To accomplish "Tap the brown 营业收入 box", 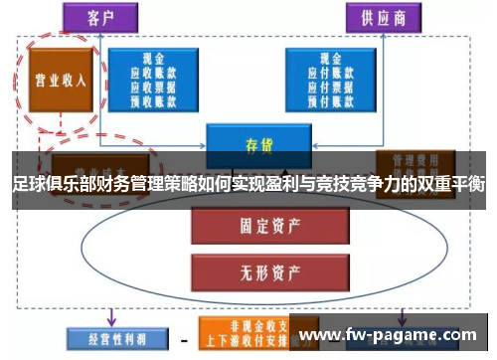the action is click(x=60, y=81).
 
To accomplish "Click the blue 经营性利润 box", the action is click(x=106, y=337).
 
